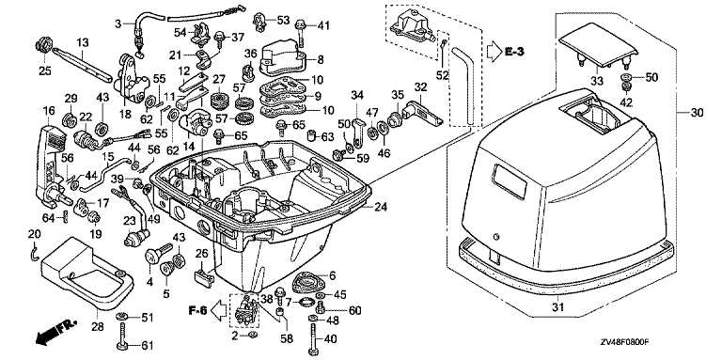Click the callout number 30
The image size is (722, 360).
point(697,113)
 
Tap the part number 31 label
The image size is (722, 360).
point(557,306)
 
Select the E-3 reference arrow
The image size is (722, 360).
point(494,51)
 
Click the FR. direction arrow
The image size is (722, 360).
point(55,333)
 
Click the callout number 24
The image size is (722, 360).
point(381,207)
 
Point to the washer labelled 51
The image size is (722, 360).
point(122,316)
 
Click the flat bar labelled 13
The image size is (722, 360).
point(82,64)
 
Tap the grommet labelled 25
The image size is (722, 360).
point(44,47)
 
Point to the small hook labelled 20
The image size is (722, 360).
point(34,252)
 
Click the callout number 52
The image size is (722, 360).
point(442,75)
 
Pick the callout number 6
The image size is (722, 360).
point(333,274)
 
